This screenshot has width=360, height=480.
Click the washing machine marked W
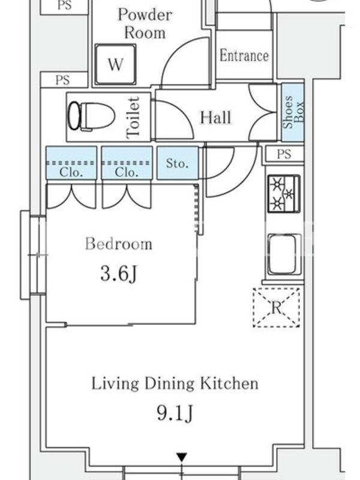click(x=115, y=64)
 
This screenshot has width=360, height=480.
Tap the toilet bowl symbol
click(x=91, y=116)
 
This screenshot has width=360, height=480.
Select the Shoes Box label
click(x=293, y=112)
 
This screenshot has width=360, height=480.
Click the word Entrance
click(x=244, y=56)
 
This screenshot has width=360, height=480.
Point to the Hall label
click(x=215, y=118)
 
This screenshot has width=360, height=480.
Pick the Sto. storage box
click(x=178, y=163)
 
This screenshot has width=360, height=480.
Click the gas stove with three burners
click(x=284, y=193)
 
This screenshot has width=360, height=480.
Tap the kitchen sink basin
click(x=284, y=254)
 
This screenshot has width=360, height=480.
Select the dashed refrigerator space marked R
click(x=276, y=307)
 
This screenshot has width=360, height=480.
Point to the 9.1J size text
click(x=175, y=413)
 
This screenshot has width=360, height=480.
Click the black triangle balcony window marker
click(x=182, y=458)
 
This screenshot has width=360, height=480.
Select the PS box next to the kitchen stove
click(x=284, y=154)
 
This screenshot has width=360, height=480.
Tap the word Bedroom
click(x=118, y=244)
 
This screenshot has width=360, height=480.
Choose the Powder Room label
click(x=145, y=24)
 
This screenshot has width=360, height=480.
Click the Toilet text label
click(x=133, y=118)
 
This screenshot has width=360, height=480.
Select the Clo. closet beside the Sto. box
click(x=127, y=163)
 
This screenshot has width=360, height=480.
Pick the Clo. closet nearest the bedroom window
click(x=71, y=163)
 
